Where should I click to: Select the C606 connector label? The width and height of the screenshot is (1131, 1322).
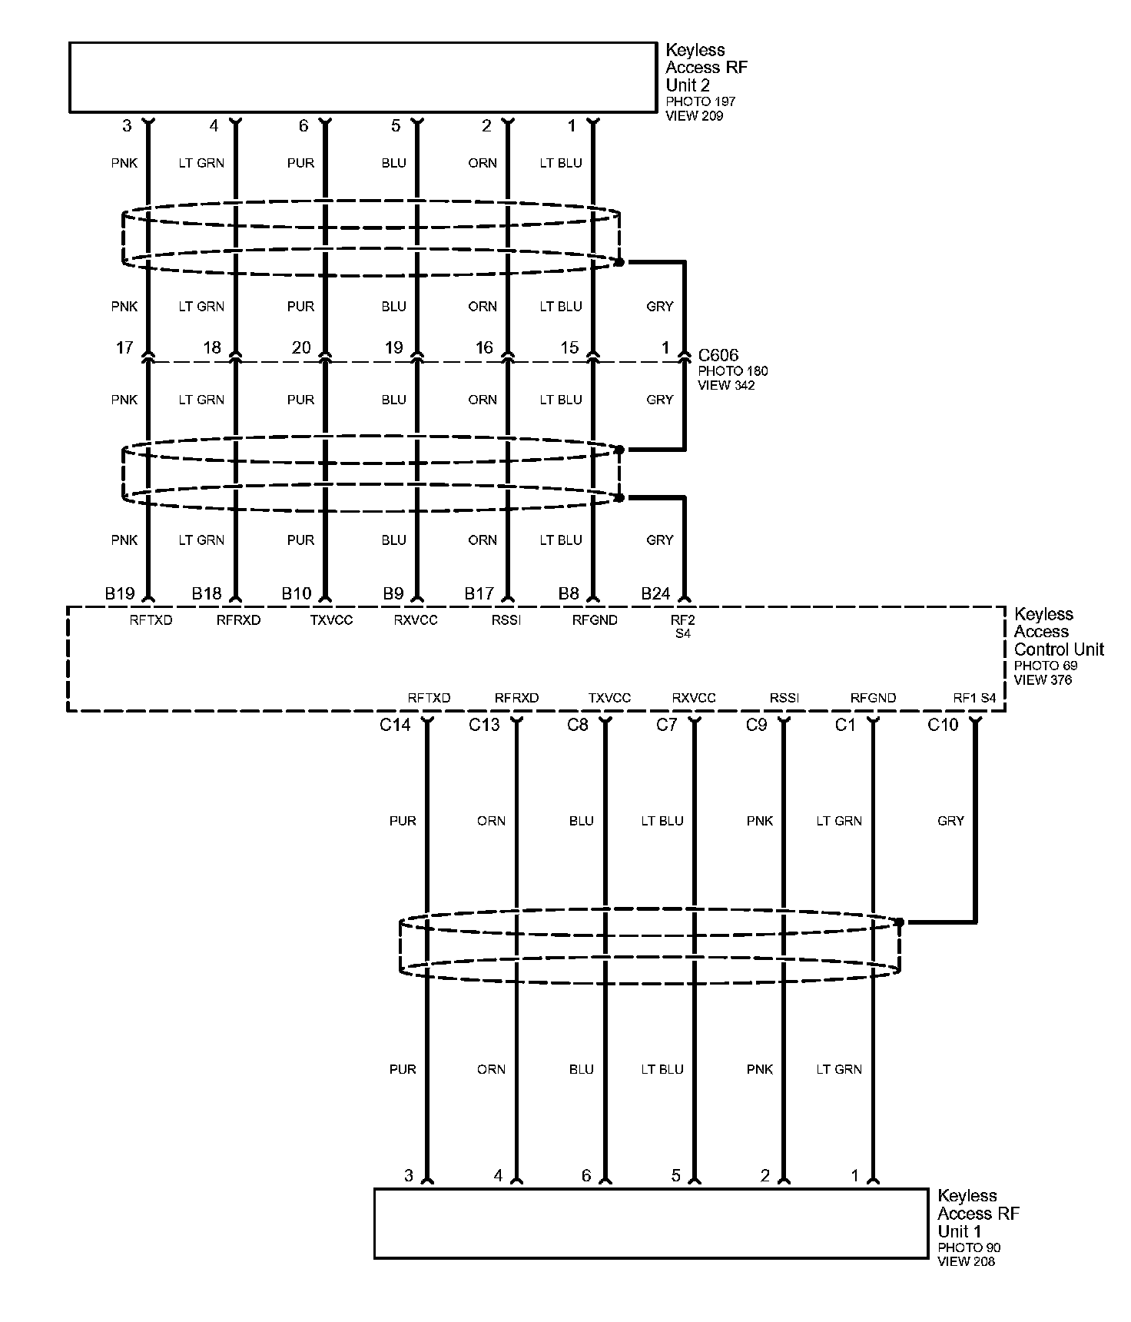tap(718, 355)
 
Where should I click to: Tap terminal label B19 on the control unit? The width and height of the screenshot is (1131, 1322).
tap(120, 593)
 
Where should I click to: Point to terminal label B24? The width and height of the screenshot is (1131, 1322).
tap(656, 593)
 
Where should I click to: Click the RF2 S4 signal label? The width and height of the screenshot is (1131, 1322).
tap(682, 626)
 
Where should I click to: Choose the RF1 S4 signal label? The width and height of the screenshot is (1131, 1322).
tap(974, 698)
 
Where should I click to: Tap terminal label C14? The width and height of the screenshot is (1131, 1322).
tap(395, 725)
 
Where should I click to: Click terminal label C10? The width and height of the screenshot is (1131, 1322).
tap(943, 725)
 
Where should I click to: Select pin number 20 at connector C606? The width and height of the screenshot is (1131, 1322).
tap(301, 347)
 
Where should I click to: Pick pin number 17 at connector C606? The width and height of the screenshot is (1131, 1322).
tap(124, 347)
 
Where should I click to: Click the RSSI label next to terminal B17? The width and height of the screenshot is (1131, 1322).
tap(506, 620)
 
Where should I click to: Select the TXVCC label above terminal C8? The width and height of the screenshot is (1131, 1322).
tap(609, 698)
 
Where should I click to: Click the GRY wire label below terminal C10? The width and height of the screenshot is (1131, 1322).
tap(950, 821)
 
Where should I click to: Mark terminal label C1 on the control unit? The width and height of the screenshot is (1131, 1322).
tap(845, 725)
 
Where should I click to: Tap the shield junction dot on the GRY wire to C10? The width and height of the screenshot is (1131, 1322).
tap(899, 922)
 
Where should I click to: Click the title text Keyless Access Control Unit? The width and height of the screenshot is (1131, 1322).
tap(1059, 632)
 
